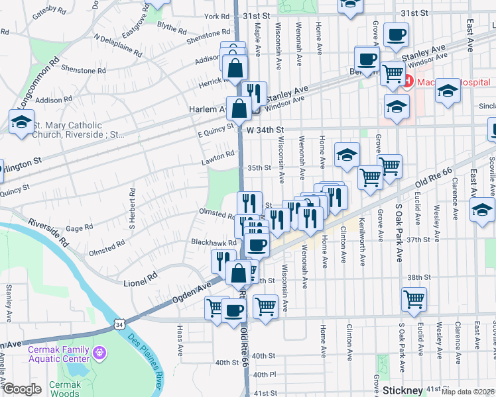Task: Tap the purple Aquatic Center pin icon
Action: click(x=100, y=352)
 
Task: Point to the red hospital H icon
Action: click(x=408, y=82)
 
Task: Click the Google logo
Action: click(x=22, y=389)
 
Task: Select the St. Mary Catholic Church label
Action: click(x=77, y=130)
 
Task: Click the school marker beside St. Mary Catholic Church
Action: click(x=21, y=122)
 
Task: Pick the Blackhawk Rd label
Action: click(x=214, y=243)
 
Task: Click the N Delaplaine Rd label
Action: click(x=118, y=46)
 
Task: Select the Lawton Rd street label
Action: click(x=219, y=157)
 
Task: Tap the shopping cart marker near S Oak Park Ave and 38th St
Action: click(x=414, y=300)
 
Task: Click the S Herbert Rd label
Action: click(x=132, y=209)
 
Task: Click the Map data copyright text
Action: click(x=468, y=390)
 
